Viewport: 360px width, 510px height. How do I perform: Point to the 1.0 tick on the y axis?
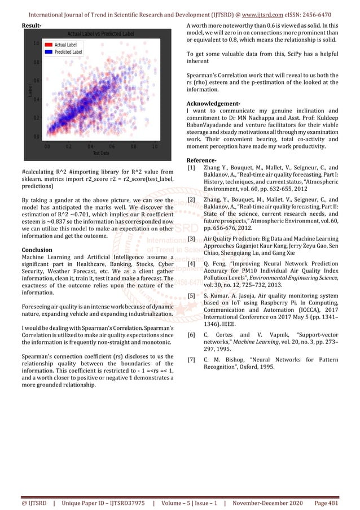(35, 43)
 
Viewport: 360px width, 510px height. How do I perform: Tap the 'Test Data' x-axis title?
(100, 152)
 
